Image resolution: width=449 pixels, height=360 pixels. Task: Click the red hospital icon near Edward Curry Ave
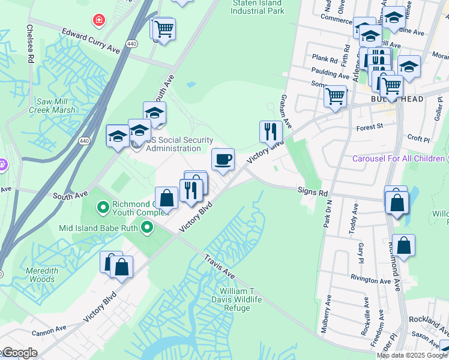tap(97, 21)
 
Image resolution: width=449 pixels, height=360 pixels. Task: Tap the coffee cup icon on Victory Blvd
tap(223, 160)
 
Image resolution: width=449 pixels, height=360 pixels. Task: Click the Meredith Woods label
tap(41, 275)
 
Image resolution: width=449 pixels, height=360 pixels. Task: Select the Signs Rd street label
tap(312, 193)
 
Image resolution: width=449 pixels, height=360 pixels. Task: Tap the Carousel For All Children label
tap(397, 158)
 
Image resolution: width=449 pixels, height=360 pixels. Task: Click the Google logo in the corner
tap(20, 352)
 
